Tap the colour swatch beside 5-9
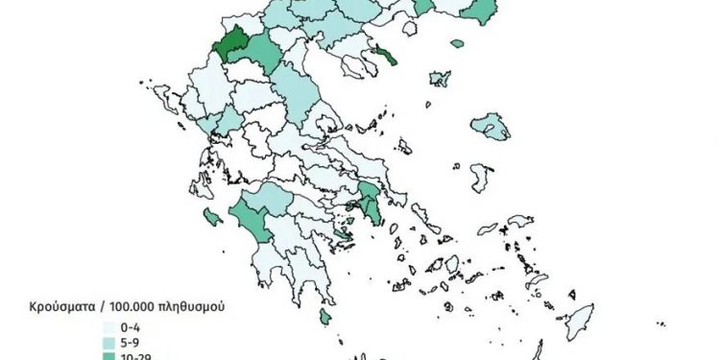pos(109,341)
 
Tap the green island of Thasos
pos(458,42)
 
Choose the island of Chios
pos(480,177)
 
